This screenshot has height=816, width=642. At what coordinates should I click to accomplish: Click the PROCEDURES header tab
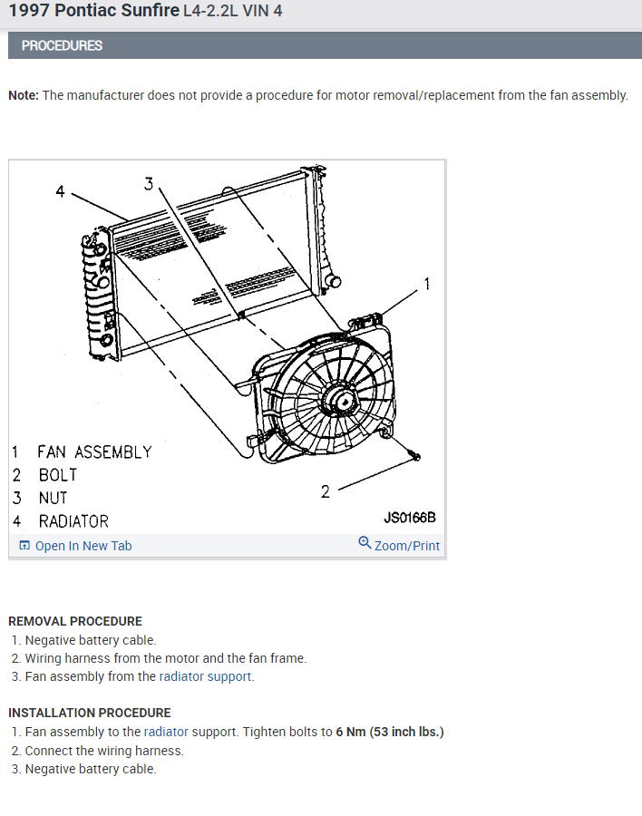pos(62,45)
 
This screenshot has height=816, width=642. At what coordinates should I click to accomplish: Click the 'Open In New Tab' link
pos(83,546)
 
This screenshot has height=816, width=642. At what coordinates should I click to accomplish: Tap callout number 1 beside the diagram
pos(427,284)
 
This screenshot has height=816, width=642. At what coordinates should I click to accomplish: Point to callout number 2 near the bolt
pos(326,491)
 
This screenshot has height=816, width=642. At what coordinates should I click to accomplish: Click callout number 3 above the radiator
pos(149,183)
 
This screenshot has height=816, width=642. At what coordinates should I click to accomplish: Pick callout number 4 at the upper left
pos(60,190)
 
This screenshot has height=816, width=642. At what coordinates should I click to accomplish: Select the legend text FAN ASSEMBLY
pos(94,452)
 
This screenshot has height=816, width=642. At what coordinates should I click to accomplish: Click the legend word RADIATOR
pos(73,521)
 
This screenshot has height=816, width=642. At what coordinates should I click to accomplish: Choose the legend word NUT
pos(53,498)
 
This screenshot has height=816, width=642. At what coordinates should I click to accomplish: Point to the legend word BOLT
pos(58,474)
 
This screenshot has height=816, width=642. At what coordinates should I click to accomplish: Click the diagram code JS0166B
pos(410,518)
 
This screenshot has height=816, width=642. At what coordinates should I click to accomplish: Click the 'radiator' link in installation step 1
pos(166,732)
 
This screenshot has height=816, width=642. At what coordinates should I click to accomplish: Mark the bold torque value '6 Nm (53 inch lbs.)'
pos(390,732)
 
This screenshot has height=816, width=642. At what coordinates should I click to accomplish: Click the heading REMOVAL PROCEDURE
pos(75,621)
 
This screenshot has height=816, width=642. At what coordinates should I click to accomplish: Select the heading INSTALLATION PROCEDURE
pos(89,713)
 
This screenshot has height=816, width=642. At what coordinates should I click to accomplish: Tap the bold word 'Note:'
pos(24,95)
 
